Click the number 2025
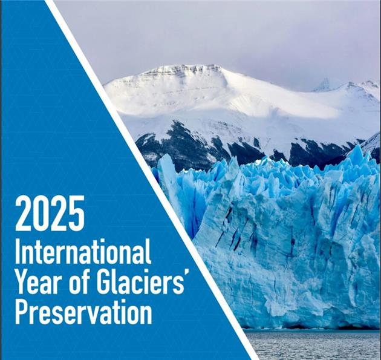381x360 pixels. click(x=50, y=214)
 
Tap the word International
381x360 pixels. click(x=83, y=251)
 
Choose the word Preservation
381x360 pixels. click(x=83, y=310)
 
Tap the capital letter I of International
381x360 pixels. click(x=18, y=251)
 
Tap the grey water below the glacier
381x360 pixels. click(x=313, y=345)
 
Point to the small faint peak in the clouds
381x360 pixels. click(x=323, y=85)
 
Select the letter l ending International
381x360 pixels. click(x=149, y=251)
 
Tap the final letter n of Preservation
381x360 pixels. click(x=146, y=313)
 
